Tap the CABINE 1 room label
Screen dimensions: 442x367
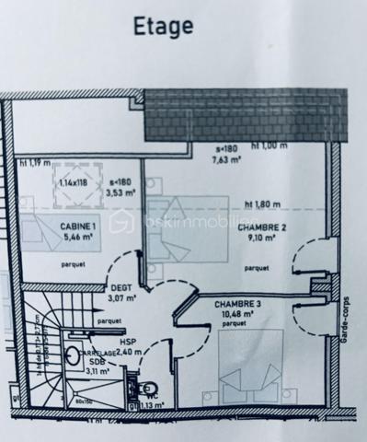[80, 227]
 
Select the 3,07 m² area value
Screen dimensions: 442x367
[120, 297]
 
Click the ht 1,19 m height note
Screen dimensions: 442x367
[35, 163]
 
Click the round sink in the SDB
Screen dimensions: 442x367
[71, 354]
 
